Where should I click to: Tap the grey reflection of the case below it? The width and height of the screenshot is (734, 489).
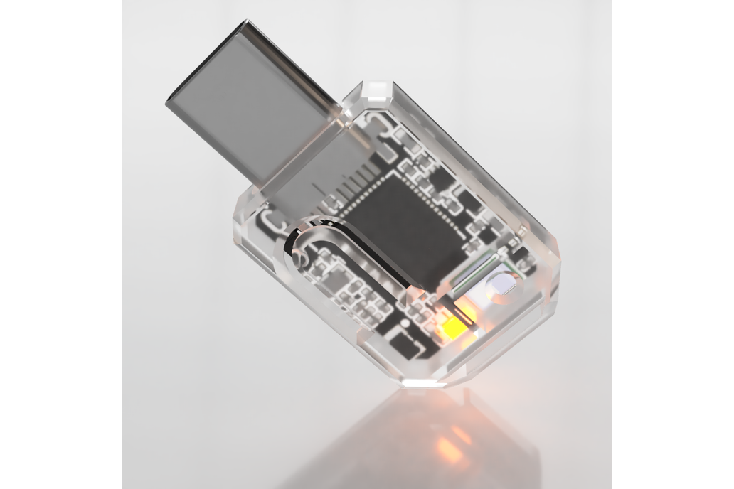[398, 448]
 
